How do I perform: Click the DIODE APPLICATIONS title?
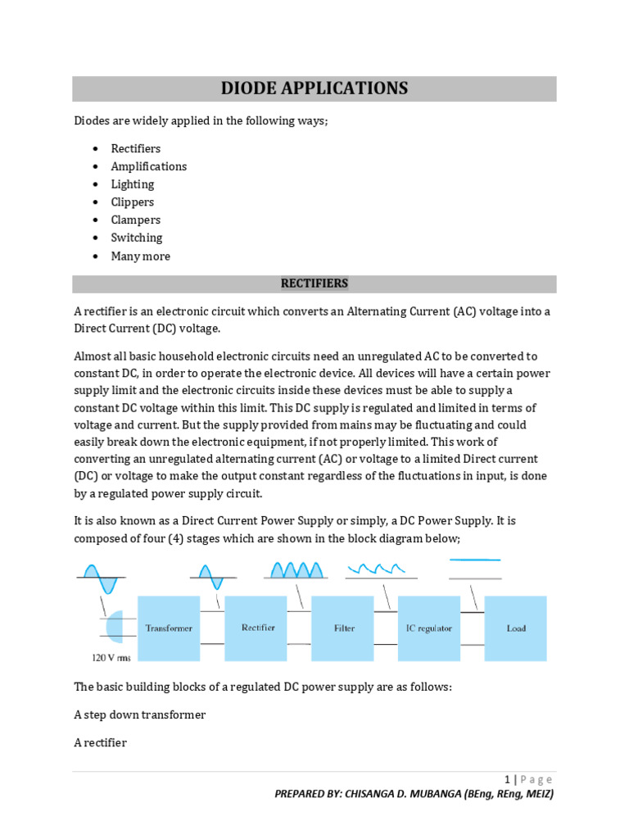[x=314, y=88]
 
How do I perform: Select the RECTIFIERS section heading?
[x=314, y=283]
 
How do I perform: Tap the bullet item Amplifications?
[x=148, y=166]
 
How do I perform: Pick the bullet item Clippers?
[x=132, y=202]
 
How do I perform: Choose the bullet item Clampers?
[x=135, y=220]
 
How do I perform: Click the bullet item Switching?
[x=136, y=238]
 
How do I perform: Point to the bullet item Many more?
[x=140, y=256]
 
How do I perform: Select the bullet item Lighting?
[x=132, y=184]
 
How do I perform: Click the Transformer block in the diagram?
[x=169, y=628]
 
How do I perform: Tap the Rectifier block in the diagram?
[x=257, y=628]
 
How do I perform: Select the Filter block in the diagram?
[x=344, y=628]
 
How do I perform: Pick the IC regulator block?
[x=428, y=628]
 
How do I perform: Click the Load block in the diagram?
[x=516, y=628]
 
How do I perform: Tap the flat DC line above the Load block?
[x=475, y=560]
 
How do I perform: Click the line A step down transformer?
[x=139, y=714]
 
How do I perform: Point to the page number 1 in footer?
[x=507, y=779]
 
